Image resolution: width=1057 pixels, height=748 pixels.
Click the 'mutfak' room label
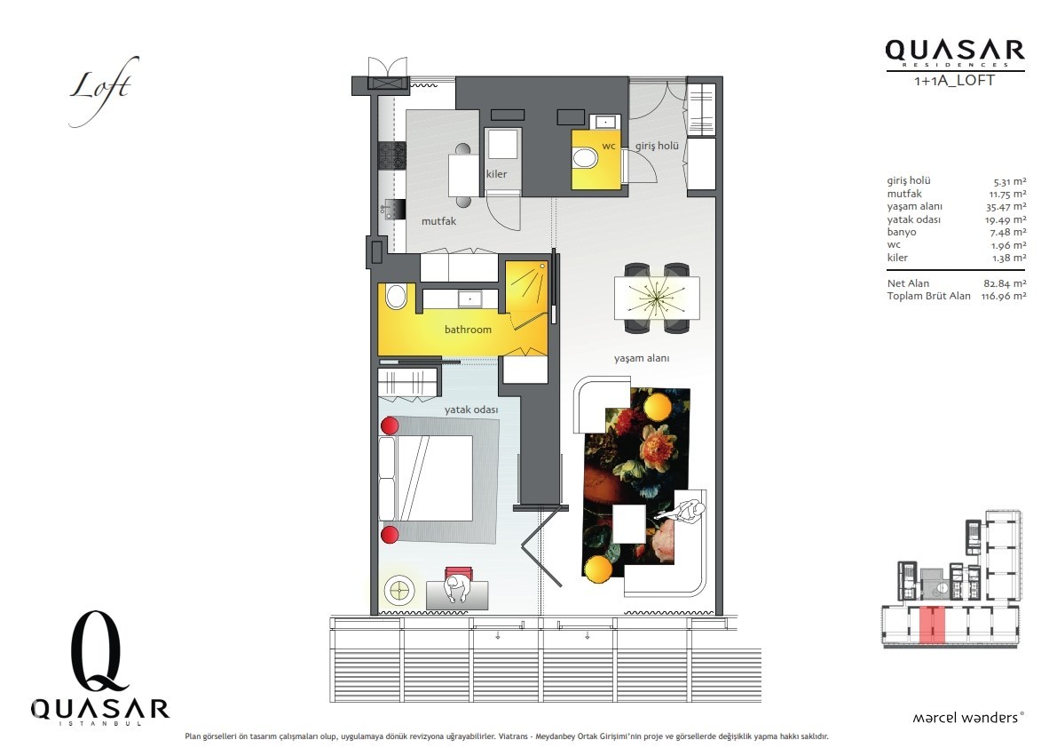pyautogui.click(x=438, y=221)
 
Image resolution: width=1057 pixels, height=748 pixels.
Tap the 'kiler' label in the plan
pyautogui.click(x=496, y=174)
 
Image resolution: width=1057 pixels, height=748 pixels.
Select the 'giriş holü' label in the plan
pyautogui.click(x=657, y=146)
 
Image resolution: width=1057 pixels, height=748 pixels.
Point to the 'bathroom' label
pyautogui.click(x=468, y=330)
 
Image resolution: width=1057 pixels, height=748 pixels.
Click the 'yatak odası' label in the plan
pyautogui.click(x=471, y=410)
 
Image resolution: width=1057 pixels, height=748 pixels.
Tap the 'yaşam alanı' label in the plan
pyautogui.click(x=642, y=359)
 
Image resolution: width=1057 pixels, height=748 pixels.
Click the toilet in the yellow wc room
pyautogui.click(x=585, y=159)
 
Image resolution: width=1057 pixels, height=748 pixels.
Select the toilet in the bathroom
pyautogui.click(x=397, y=296)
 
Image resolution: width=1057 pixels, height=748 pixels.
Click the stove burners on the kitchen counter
pyautogui.click(x=391, y=155)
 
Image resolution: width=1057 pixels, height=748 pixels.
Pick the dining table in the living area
pyautogui.click(x=657, y=298)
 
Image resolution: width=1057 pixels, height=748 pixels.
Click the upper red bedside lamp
pyautogui.click(x=390, y=426)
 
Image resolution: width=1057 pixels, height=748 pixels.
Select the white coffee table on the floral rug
pyautogui.click(x=629, y=524)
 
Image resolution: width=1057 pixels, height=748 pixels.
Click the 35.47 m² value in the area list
pyautogui.click(x=1006, y=206)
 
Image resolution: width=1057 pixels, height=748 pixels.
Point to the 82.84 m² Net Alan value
pyautogui.click(x=1005, y=283)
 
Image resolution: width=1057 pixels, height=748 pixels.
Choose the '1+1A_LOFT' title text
pyautogui.click(x=954, y=80)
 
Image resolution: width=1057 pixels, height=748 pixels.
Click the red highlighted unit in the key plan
pyautogui.click(x=932, y=624)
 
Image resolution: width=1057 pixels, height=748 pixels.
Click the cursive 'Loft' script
pyautogui.click(x=103, y=89)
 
